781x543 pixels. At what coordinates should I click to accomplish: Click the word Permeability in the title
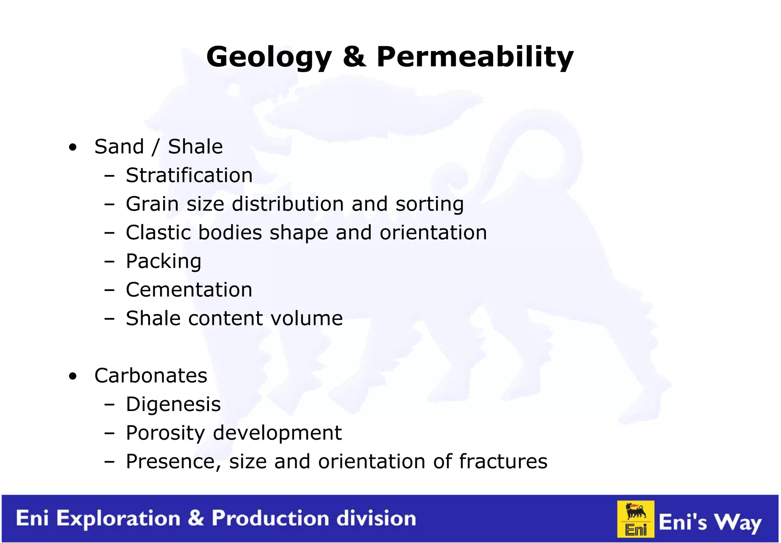475,57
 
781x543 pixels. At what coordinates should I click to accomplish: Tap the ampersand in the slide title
354,57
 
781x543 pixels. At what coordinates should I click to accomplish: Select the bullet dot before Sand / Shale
73,147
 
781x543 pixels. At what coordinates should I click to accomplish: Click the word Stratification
189,175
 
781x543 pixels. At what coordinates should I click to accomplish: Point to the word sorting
429,204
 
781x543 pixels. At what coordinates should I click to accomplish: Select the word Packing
163,262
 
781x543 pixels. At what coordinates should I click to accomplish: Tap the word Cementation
189,290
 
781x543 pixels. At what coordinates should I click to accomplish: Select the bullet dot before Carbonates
73,376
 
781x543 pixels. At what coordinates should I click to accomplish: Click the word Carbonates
151,376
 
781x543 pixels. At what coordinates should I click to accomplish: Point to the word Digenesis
173,405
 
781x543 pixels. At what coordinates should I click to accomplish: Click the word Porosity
166,433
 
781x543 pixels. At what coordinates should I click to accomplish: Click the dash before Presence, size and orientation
109,462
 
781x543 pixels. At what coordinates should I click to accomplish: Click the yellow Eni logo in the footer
636,519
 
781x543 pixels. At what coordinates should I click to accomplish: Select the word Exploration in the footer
118,519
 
